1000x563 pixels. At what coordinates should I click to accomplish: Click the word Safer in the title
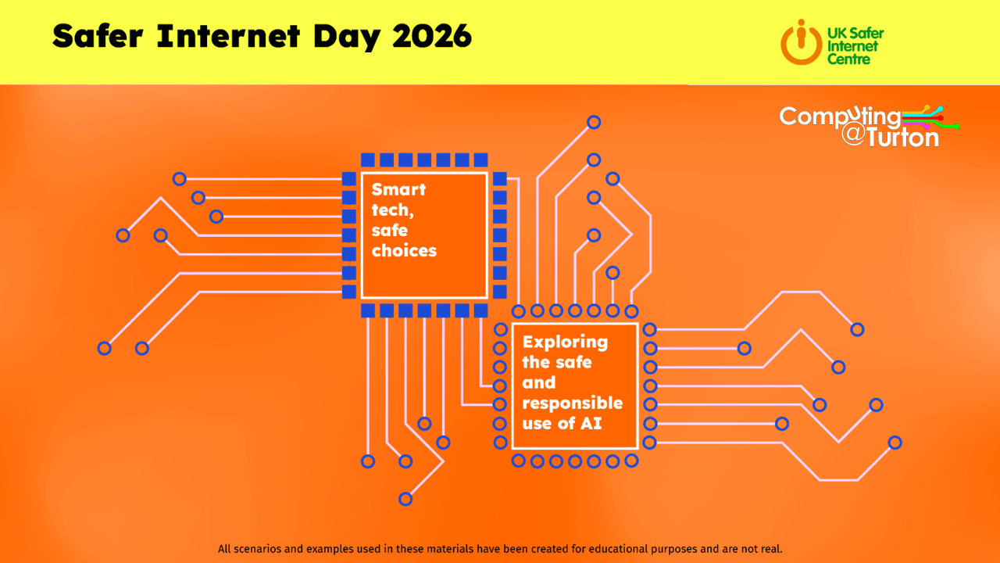pos(98,36)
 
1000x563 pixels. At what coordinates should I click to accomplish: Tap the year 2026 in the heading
pos(432,36)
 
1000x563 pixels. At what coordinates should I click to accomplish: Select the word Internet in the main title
pos(228,36)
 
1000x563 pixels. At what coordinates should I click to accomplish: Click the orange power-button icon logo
pos(801,42)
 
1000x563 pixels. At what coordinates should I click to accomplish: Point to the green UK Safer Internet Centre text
pos(855,46)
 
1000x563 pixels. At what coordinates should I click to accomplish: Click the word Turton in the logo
pos(902,138)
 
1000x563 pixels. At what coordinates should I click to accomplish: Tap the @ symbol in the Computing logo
pos(853,133)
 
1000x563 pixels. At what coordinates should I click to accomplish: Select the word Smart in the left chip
pos(398,189)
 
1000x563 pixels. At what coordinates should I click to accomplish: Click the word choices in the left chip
pos(404,251)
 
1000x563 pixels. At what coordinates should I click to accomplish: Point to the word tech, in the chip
pos(393,210)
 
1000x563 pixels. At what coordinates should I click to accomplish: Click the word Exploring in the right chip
pos(565,342)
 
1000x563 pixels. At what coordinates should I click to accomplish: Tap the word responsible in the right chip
pos(573,403)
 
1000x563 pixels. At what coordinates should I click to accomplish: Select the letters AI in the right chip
pos(591,423)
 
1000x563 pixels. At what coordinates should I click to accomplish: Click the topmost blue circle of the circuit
pos(594,122)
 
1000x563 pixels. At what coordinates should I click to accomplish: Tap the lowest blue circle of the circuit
pos(405,499)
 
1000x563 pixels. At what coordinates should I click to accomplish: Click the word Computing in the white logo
pos(840,117)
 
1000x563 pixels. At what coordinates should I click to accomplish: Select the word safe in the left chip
pos(389,230)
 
